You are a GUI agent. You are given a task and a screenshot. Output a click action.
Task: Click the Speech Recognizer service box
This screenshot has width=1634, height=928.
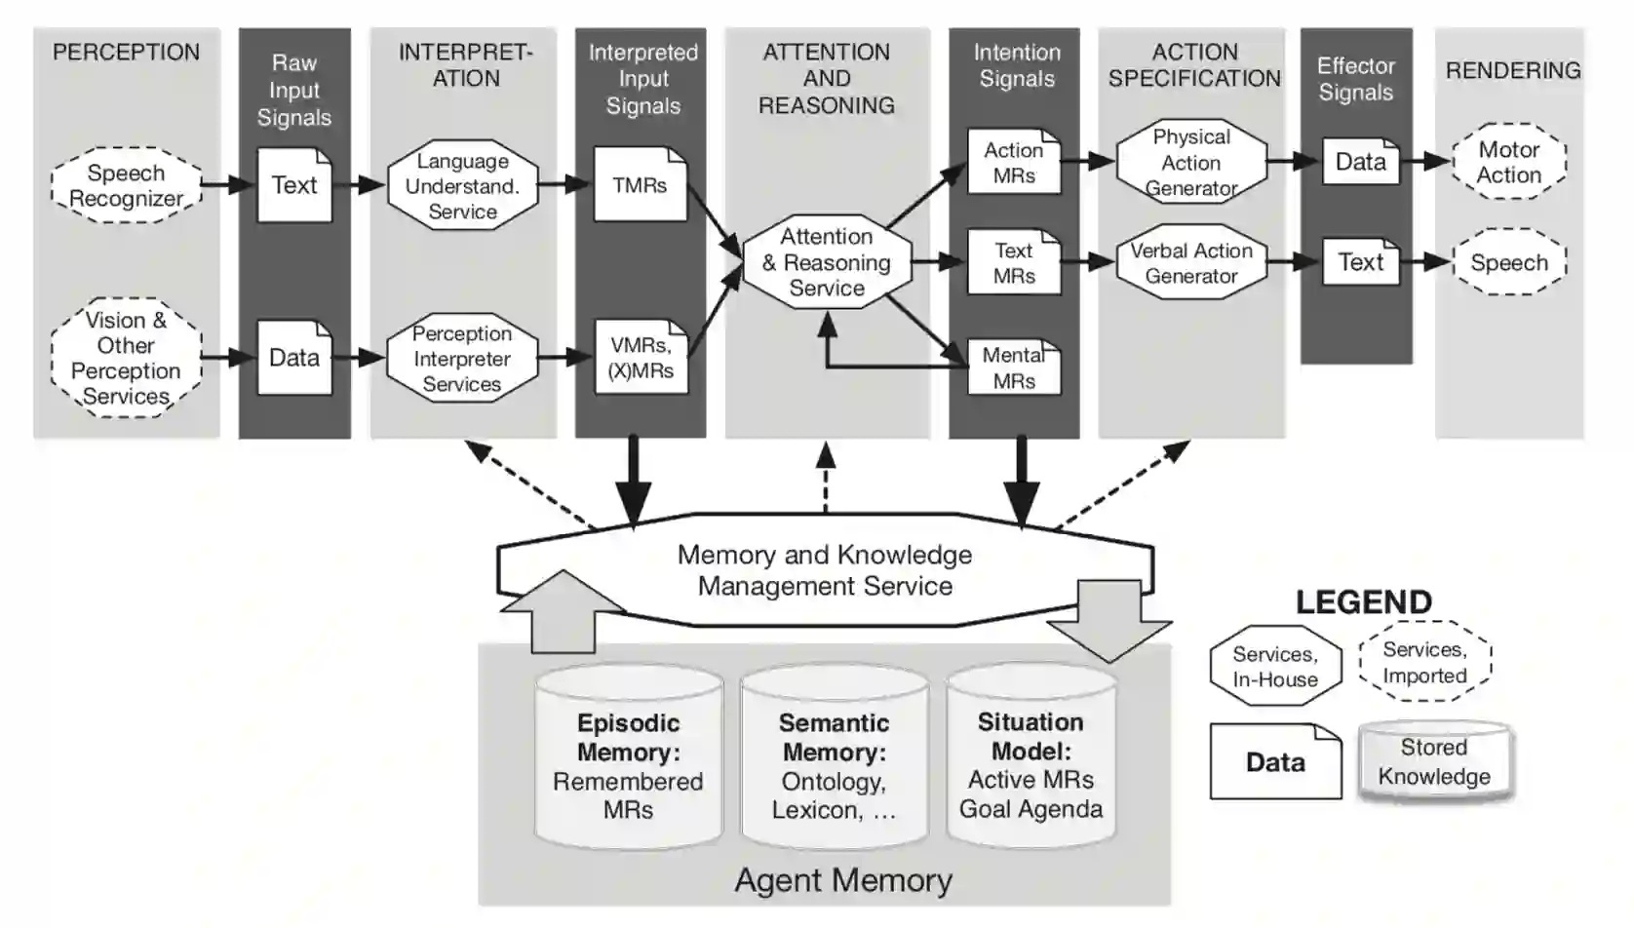[126, 185]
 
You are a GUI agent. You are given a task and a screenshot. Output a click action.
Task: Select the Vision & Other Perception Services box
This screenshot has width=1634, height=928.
[126, 358]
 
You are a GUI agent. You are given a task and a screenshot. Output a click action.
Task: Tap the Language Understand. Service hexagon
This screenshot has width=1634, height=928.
[463, 185]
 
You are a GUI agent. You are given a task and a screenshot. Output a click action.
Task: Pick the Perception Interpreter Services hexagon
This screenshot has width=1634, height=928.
[462, 358]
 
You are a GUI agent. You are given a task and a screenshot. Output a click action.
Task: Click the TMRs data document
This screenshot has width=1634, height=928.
[640, 184]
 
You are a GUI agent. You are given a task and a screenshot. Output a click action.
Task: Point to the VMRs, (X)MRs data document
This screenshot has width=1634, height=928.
[641, 358]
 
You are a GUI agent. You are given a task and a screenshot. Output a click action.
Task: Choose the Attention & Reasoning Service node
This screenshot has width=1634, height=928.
[827, 261]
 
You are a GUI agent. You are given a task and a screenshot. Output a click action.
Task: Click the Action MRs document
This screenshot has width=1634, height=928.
[1014, 162]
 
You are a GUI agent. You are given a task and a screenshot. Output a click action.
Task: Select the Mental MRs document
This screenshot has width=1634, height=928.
[1014, 367]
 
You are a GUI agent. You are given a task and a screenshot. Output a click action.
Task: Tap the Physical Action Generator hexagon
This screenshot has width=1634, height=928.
[1191, 162]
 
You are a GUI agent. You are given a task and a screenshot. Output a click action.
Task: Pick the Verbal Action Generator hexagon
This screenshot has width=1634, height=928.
[1191, 262]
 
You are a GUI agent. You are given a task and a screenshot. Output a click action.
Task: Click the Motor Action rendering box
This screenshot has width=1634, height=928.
[1509, 162]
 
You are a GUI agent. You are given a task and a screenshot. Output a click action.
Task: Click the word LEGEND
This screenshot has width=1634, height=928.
[1363, 601]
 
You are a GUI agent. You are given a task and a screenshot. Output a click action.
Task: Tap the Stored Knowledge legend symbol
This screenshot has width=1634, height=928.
[1434, 761]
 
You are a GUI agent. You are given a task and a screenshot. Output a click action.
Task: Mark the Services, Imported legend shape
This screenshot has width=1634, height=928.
[1424, 662]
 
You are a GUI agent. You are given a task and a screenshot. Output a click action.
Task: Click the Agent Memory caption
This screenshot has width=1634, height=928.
[843, 880]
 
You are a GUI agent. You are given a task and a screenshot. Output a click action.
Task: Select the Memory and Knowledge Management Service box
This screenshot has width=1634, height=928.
[825, 570]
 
